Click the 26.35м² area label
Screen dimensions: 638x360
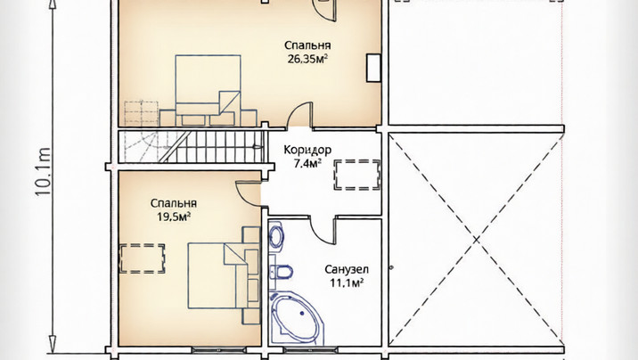click(x=307, y=60)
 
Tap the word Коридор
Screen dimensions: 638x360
click(x=307, y=150)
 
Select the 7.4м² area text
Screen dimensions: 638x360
click(x=307, y=164)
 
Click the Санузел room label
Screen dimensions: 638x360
click(x=347, y=269)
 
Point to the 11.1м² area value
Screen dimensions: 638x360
click(x=347, y=282)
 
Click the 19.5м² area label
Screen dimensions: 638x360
click(x=174, y=217)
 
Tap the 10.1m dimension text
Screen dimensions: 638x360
click(x=43, y=172)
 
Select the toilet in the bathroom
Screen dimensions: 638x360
click(x=282, y=271)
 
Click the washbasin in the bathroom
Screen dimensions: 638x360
click(x=277, y=235)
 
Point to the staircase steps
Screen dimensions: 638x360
click(x=211, y=146)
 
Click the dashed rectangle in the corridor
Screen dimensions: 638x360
click(x=357, y=175)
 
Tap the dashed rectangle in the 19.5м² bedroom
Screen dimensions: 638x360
click(x=142, y=258)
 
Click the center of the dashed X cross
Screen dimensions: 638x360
click(x=476, y=240)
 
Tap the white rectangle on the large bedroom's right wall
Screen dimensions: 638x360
click(x=373, y=68)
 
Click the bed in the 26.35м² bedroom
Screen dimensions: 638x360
click(x=208, y=90)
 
